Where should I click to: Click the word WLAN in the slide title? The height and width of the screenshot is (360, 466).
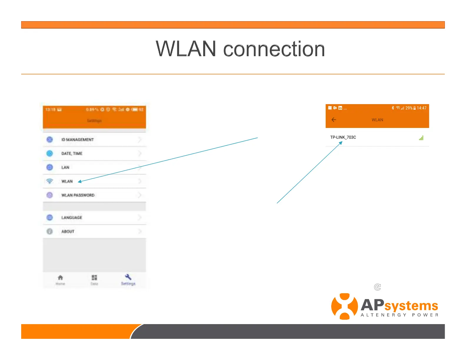click(186, 49)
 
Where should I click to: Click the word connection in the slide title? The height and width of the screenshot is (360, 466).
click(274, 49)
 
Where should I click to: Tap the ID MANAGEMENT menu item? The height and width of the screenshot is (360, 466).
click(77, 140)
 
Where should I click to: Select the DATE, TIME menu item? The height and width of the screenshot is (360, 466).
click(72, 154)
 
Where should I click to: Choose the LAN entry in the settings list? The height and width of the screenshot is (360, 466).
click(65, 167)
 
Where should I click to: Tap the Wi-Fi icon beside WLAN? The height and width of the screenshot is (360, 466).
click(50, 181)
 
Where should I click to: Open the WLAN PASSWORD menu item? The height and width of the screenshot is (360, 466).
click(78, 195)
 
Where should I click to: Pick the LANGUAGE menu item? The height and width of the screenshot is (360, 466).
click(71, 218)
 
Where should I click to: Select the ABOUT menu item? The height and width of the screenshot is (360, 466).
click(68, 231)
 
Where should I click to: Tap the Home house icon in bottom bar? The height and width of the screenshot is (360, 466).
click(60, 278)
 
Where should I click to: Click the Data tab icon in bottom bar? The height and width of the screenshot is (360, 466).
click(94, 278)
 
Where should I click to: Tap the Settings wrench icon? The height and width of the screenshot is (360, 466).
click(128, 277)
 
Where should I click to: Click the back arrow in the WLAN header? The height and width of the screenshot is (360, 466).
click(334, 120)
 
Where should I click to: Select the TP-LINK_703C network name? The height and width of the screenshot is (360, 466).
click(343, 137)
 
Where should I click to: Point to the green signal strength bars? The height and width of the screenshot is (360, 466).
click(421, 138)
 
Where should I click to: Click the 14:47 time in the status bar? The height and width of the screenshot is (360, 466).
click(422, 108)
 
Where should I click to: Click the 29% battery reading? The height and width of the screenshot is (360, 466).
click(409, 108)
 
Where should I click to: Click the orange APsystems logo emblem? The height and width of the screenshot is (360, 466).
click(344, 306)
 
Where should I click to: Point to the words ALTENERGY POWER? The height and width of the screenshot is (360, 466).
click(400, 315)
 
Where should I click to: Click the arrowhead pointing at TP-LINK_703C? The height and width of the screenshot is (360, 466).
click(341, 143)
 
